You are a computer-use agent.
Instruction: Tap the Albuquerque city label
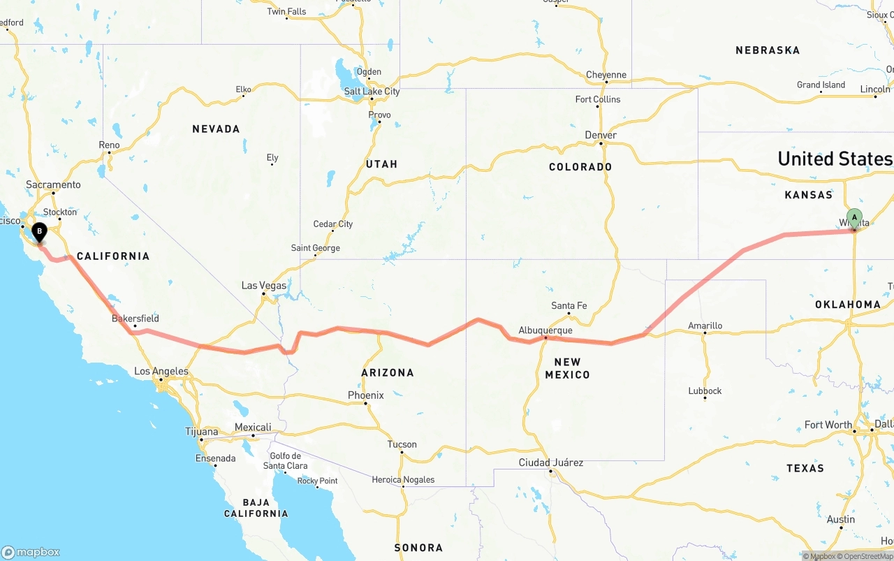(545, 330)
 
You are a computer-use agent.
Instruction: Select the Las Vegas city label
(264, 285)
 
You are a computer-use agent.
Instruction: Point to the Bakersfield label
(135, 319)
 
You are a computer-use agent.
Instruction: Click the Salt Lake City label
(372, 92)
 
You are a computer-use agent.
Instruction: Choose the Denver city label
(601, 135)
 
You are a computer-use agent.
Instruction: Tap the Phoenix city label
(366, 395)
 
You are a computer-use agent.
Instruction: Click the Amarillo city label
(705, 326)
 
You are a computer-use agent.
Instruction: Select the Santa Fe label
(569, 306)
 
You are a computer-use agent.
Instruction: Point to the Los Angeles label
(161, 372)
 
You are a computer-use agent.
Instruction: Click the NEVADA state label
(216, 129)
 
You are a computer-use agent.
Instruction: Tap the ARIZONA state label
(388, 373)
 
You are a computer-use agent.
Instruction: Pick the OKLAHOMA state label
(847, 305)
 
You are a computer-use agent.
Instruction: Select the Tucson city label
(402, 444)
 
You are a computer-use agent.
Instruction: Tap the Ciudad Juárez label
(551, 462)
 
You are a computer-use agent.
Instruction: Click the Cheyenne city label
(606, 75)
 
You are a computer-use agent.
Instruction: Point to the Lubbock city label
(705, 391)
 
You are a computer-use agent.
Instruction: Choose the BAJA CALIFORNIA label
(256, 508)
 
